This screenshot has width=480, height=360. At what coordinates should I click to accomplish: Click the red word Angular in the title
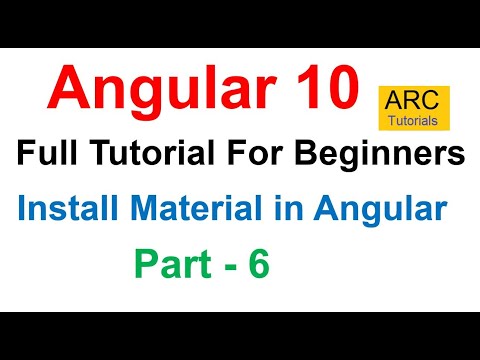[x=154, y=89]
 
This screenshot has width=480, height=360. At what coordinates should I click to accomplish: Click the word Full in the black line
[x=48, y=155]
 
